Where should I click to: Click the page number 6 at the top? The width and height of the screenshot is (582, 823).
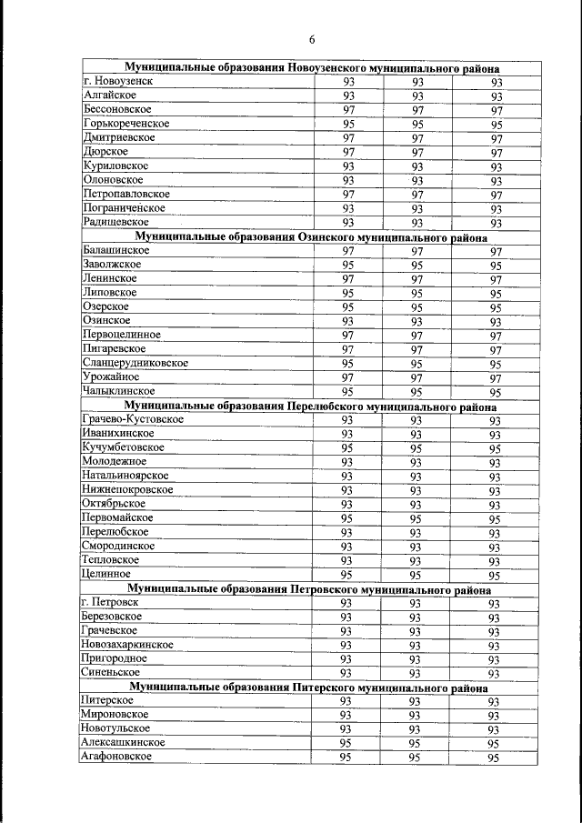[x=311, y=39]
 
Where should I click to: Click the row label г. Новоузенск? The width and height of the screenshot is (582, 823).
[x=115, y=81]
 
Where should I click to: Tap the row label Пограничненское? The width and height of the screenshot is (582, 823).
[x=123, y=208]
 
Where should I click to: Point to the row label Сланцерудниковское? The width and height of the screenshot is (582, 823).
[x=135, y=363]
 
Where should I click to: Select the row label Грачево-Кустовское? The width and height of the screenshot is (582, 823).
[x=132, y=419]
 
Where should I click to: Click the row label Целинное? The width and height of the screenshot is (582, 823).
[x=105, y=574]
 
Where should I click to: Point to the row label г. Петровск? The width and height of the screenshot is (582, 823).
[x=109, y=602]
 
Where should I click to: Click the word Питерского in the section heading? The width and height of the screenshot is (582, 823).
[x=326, y=688]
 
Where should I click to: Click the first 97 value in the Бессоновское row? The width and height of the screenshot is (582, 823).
[x=348, y=110]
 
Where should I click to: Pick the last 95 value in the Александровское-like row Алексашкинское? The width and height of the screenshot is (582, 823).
[x=494, y=744]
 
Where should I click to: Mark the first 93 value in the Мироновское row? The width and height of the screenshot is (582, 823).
[x=346, y=716]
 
